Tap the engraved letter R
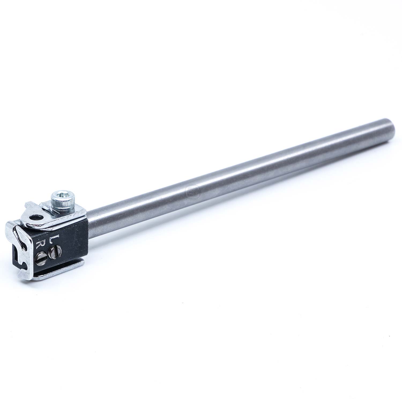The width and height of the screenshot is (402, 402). [x=40, y=244]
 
